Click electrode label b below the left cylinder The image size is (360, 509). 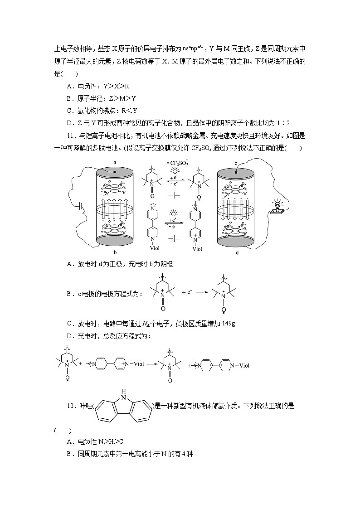[x=115, y=252]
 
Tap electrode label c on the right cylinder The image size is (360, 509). [x=236, y=163]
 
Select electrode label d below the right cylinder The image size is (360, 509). [x=237, y=252]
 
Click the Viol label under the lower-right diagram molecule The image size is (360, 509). [x=197, y=248]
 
